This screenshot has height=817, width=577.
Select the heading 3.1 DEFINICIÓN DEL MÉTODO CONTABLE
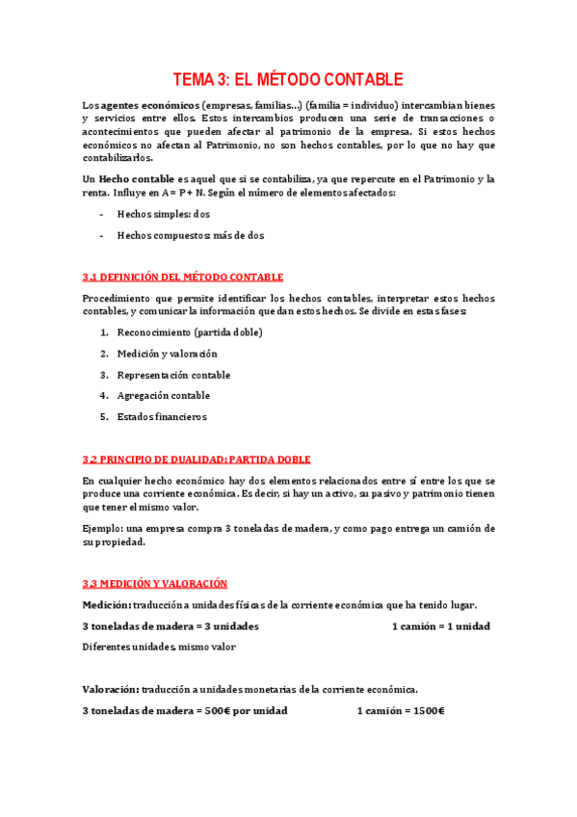tap(183, 277)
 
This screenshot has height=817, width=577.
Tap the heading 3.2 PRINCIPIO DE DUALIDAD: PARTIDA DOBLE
tap(197, 460)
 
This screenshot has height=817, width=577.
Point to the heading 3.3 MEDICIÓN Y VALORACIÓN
tap(155, 584)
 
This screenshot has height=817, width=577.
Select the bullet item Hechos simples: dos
tap(163, 214)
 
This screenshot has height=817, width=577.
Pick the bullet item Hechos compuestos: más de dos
tap(190, 235)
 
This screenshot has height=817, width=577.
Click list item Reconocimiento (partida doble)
tap(189, 332)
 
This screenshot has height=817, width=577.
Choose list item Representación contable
tap(173, 375)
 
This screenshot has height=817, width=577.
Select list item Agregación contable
tap(163, 396)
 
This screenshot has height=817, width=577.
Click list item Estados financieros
tap(162, 417)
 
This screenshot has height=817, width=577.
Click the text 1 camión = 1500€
tap(400, 711)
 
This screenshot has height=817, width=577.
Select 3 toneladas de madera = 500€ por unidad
tap(185, 711)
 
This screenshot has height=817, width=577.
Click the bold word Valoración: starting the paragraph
tap(110, 690)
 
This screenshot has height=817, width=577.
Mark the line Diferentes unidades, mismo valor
tap(159, 647)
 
